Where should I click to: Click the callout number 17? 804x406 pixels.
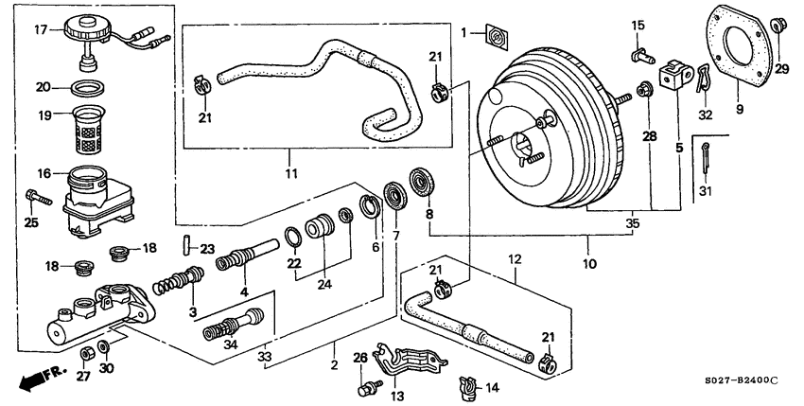tap(41, 30)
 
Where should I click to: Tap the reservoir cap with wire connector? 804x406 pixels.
tap(91, 33)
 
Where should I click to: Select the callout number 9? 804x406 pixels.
tap(739, 110)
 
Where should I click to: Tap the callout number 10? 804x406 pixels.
tap(589, 265)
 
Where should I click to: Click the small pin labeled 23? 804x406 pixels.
tap(186, 250)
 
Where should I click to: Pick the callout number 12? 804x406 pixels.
tap(516, 258)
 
